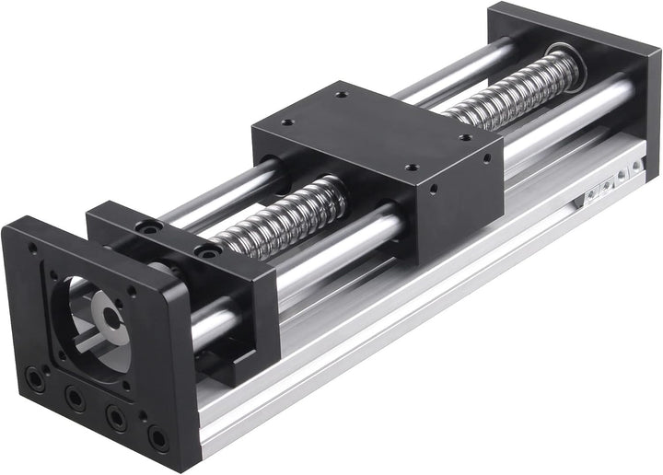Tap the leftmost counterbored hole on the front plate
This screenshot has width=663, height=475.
coord(34,377)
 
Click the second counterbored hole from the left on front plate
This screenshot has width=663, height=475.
coord(71,398)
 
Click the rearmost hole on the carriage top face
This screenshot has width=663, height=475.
coord(343,94)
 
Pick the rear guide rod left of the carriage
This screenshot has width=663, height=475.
coord(221,190)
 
